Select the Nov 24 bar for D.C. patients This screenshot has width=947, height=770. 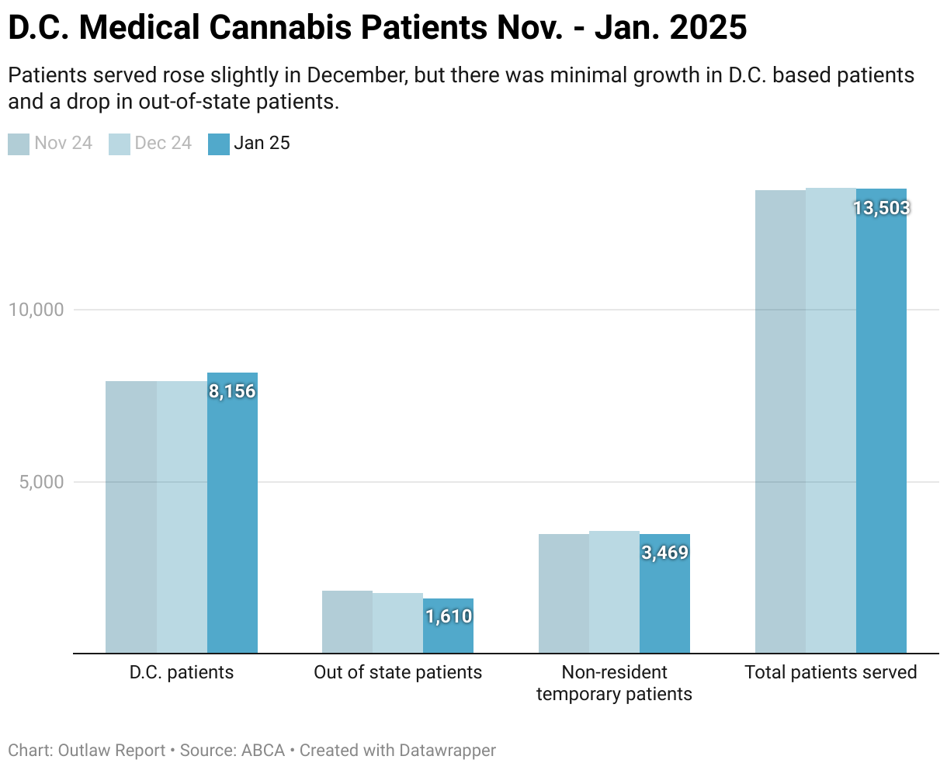pyautogui.click(x=131, y=517)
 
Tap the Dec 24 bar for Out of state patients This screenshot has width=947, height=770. pyautogui.click(x=397, y=623)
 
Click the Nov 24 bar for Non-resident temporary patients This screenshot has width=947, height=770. pyautogui.click(x=564, y=594)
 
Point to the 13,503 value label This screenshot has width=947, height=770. pyautogui.click(x=881, y=208)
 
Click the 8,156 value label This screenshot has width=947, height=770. pyautogui.click(x=232, y=391)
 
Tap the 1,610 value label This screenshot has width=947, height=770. pyautogui.click(x=448, y=616)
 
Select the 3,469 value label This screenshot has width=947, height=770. pyautogui.click(x=664, y=553)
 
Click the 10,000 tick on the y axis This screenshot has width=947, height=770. pyautogui.click(x=36, y=310)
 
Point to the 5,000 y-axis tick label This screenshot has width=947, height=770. pyautogui.click(x=40, y=482)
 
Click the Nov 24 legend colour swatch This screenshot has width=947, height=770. pyautogui.click(x=19, y=144)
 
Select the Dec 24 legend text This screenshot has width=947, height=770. pyautogui.click(x=163, y=144)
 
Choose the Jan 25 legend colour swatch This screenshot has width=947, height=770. pyautogui.click(x=219, y=144)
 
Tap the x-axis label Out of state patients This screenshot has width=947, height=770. pyautogui.click(x=397, y=672)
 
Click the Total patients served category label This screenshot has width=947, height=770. pyautogui.click(x=831, y=672)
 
